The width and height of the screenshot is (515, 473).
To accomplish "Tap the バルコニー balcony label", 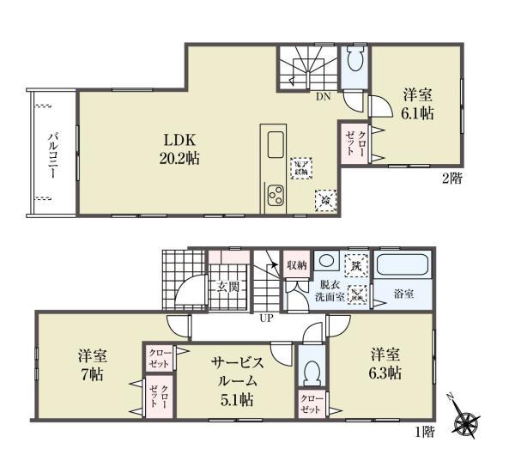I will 52,155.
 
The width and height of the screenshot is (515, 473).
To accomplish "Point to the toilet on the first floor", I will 312,370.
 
